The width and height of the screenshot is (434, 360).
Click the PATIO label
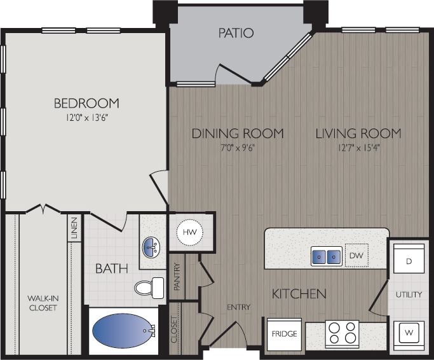coord(236,33)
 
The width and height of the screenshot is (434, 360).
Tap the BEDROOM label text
coord(86,103)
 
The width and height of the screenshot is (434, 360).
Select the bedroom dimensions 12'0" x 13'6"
coord(86,118)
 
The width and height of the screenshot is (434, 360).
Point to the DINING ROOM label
coord(238,134)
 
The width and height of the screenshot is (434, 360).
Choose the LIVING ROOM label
coord(358,134)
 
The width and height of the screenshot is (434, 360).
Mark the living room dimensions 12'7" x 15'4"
coord(358,148)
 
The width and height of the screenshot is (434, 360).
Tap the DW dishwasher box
coord(356,256)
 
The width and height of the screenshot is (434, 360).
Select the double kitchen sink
coord(327,256)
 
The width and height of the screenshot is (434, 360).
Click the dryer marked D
coord(409,261)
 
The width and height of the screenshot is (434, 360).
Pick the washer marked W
coord(409,331)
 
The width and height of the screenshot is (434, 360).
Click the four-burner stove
coord(342,333)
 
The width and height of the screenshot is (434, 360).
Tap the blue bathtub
coord(120,330)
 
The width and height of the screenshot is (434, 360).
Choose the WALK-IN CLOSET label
coord(42,303)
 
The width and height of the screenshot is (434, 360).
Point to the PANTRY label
coord(177,278)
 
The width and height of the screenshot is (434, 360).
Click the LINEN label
coord(74,229)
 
